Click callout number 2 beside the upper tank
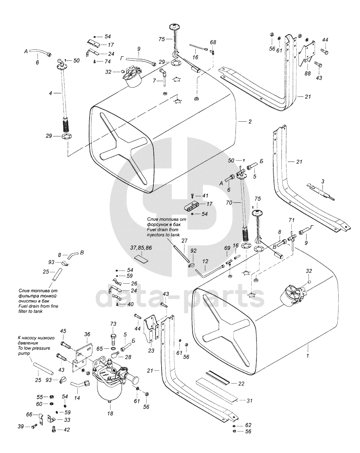point(249,122)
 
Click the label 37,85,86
point(141,248)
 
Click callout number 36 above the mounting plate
point(87,335)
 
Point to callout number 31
point(249,401)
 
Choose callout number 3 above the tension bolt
point(322,181)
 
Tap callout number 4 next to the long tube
point(51,93)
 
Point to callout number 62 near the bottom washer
point(249,425)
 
